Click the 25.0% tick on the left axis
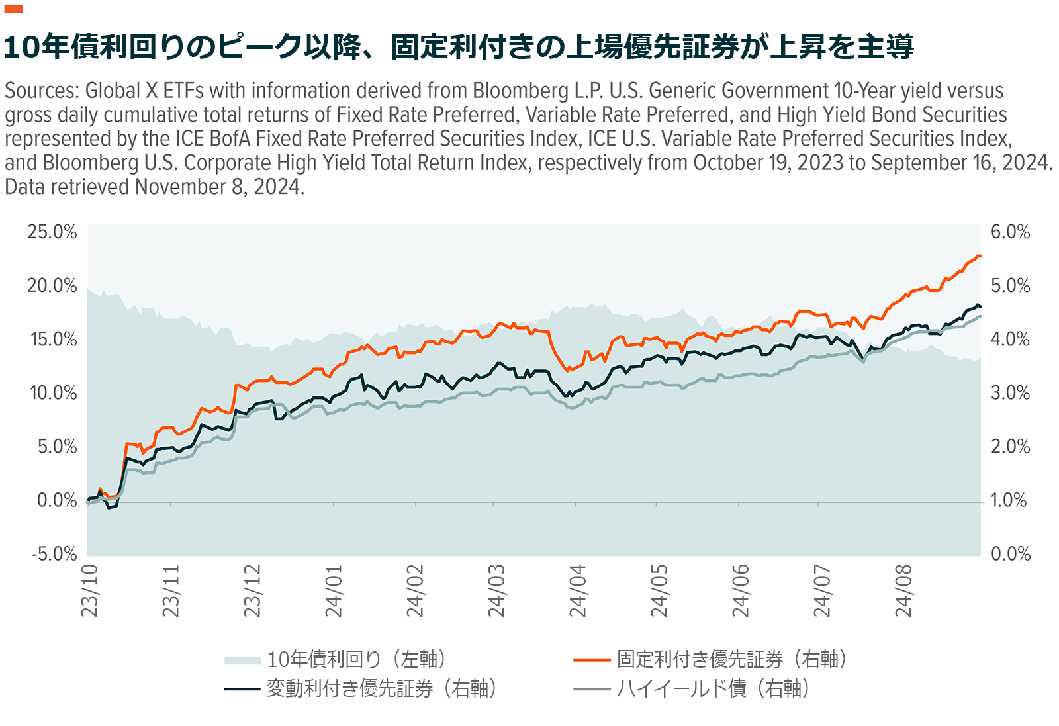tap(52, 232)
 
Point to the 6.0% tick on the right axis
tap(1010, 232)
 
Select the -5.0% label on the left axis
tap(54, 553)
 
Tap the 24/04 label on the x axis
tap(577, 590)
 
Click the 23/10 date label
tap(89, 590)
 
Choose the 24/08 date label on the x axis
tap(903, 590)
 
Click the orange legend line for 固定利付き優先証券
tap(592, 660)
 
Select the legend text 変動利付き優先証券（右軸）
tap(382, 688)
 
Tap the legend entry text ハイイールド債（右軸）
tap(714, 688)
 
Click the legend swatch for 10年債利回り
tap(242, 660)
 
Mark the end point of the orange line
tap(980, 256)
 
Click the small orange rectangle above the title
tap(13, 9)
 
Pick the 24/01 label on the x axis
tap(334, 590)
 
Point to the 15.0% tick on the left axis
tap(53, 339)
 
